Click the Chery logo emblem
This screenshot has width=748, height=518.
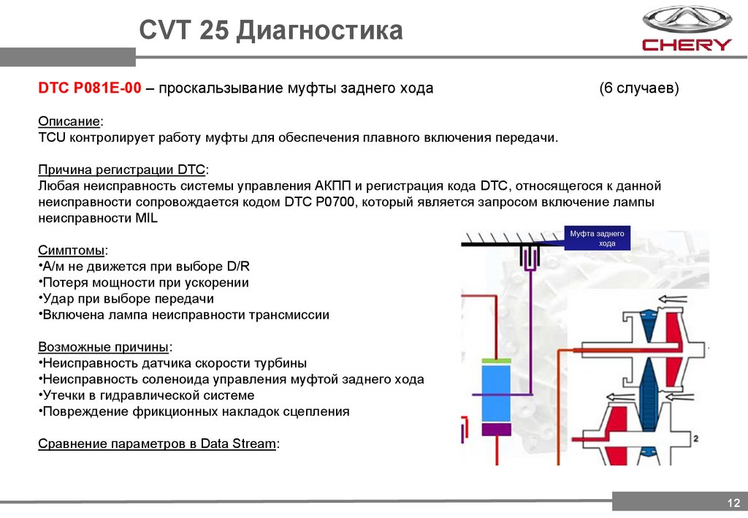686,20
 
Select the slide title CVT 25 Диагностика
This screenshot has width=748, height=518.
271,31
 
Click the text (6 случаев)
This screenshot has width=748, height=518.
639,88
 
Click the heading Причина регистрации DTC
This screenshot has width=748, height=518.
122,170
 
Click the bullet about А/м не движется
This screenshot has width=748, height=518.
146,267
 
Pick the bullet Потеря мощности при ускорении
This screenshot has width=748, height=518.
145,283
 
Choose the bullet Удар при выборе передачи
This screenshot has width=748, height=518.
128,299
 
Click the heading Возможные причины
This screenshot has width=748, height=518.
105,347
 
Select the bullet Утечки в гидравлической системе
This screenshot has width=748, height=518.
148,395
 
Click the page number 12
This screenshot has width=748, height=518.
733,503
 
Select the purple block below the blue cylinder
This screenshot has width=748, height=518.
497,430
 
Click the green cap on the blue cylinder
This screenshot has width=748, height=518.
497,361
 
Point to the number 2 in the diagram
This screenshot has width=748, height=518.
696,438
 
